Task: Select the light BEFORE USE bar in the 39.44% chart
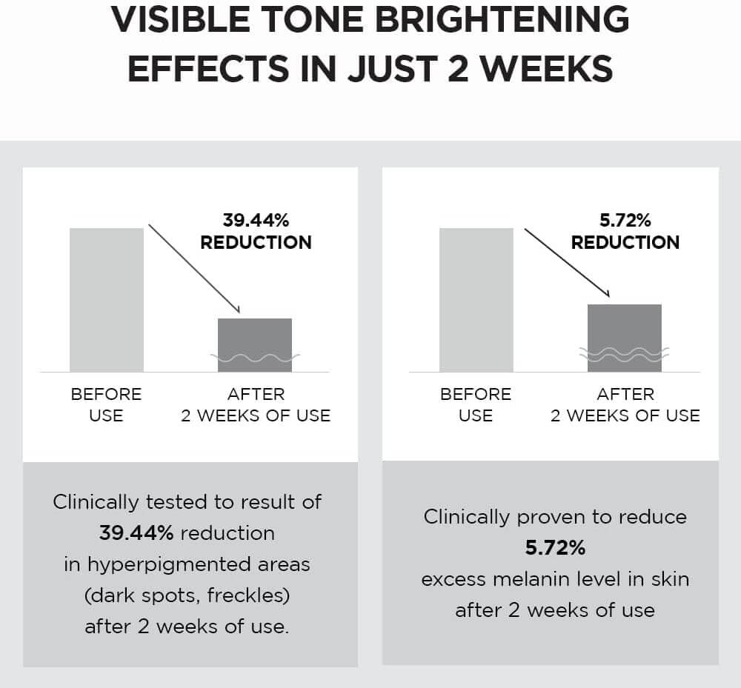point(107,299)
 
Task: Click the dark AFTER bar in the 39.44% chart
point(254,337)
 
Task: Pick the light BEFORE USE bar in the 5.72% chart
point(476,299)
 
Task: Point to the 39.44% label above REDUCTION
point(256,220)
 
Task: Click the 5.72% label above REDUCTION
point(625,220)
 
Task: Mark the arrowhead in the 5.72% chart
point(605,293)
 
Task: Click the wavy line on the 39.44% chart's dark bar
point(255,358)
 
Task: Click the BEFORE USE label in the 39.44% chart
point(106,404)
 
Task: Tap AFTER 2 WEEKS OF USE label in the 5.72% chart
point(625,404)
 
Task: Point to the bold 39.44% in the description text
point(136,533)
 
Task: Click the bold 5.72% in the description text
point(555,548)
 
